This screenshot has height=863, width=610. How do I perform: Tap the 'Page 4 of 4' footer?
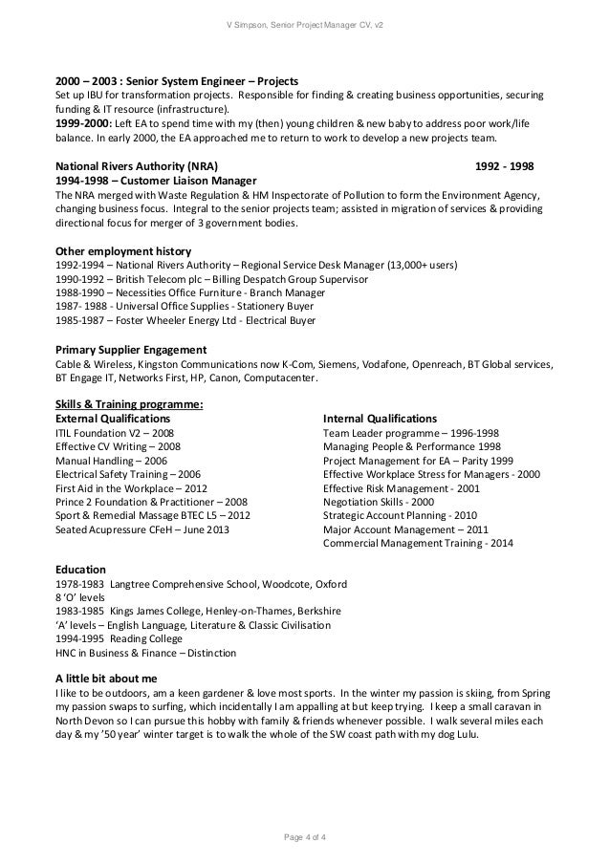point(304,838)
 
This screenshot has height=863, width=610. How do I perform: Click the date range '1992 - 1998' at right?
point(506,165)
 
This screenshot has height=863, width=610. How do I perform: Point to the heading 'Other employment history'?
point(120,251)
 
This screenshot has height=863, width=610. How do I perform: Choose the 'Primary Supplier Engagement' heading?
point(130,349)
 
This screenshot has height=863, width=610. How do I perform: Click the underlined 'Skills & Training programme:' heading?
point(129,404)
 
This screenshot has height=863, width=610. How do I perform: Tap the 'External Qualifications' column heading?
point(114,419)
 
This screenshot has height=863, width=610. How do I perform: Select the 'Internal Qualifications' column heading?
point(380,419)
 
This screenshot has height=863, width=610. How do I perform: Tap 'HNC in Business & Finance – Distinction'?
point(146,653)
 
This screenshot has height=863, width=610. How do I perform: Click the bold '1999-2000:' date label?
point(84,124)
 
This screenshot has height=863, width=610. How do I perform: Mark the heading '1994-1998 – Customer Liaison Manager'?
point(153,180)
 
